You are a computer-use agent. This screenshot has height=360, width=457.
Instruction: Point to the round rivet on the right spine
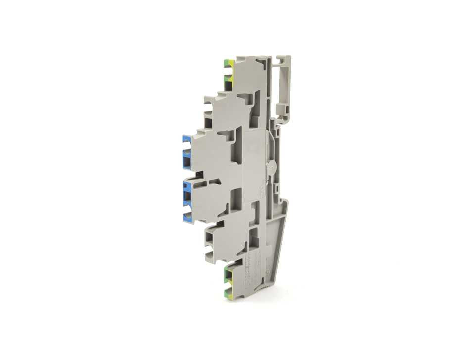point(271,168)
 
